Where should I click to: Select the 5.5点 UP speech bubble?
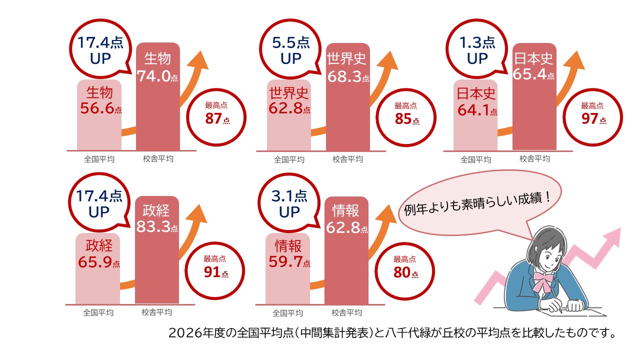pyautogui.click(x=290, y=50)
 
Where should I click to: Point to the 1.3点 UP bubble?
pyautogui.click(x=477, y=50)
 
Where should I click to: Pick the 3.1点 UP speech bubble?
pyautogui.click(x=289, y=204)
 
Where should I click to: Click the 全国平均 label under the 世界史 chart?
pyautogui.click(x=289, y=160)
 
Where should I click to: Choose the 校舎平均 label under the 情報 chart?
pyautogui.click(x=346, y=313)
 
